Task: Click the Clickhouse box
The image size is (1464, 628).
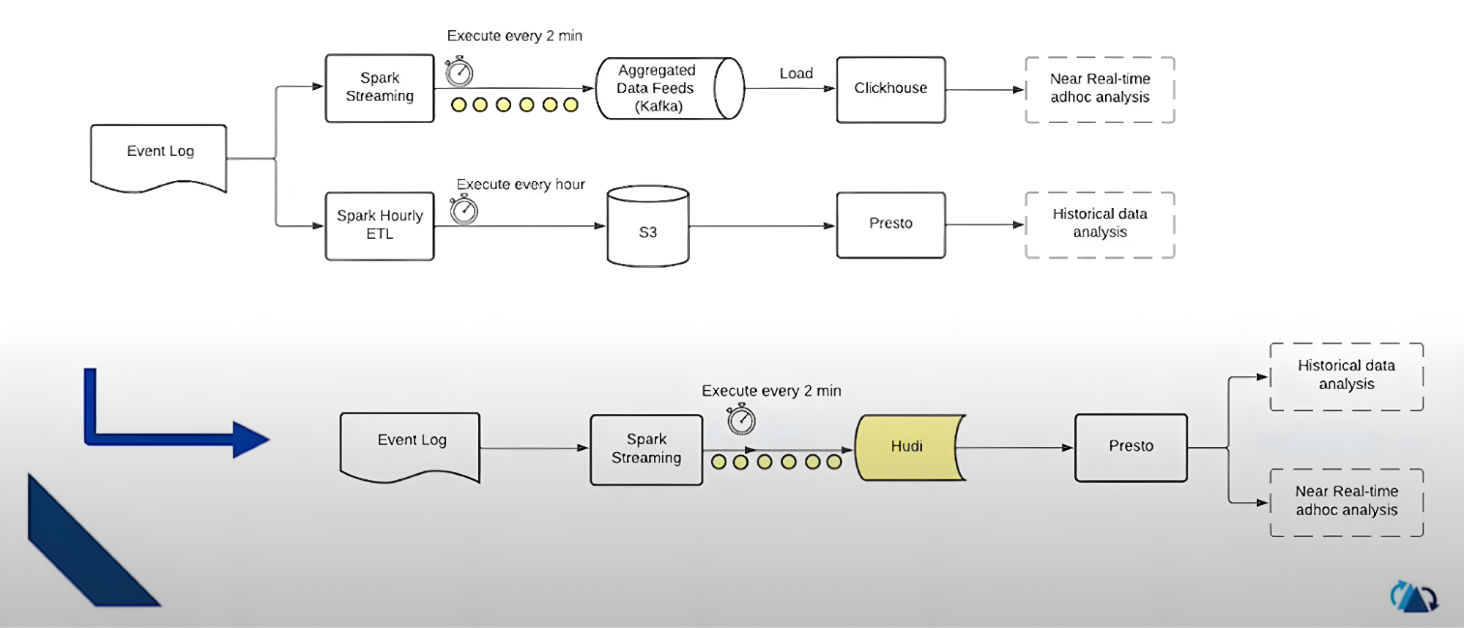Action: tap(891, 89)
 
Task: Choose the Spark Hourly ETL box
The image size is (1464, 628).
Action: tap(379, 226)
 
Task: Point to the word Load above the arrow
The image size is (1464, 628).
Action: tap(796, 73)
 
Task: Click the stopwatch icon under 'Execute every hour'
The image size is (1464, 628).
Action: tap(464, 210)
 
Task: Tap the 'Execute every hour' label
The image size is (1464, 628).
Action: tap(521, 185)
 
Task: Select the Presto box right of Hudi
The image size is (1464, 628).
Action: tap(1131, 447)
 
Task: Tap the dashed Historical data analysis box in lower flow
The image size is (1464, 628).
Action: tap(1346, 376)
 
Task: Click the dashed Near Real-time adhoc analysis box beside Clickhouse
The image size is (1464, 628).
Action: tap(1099, 89)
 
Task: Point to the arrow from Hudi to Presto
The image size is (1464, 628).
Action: tap(1014, 447)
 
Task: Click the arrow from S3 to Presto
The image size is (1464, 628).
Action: tap(762, 226)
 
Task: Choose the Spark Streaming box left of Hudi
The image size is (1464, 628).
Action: tap(646, 449)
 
